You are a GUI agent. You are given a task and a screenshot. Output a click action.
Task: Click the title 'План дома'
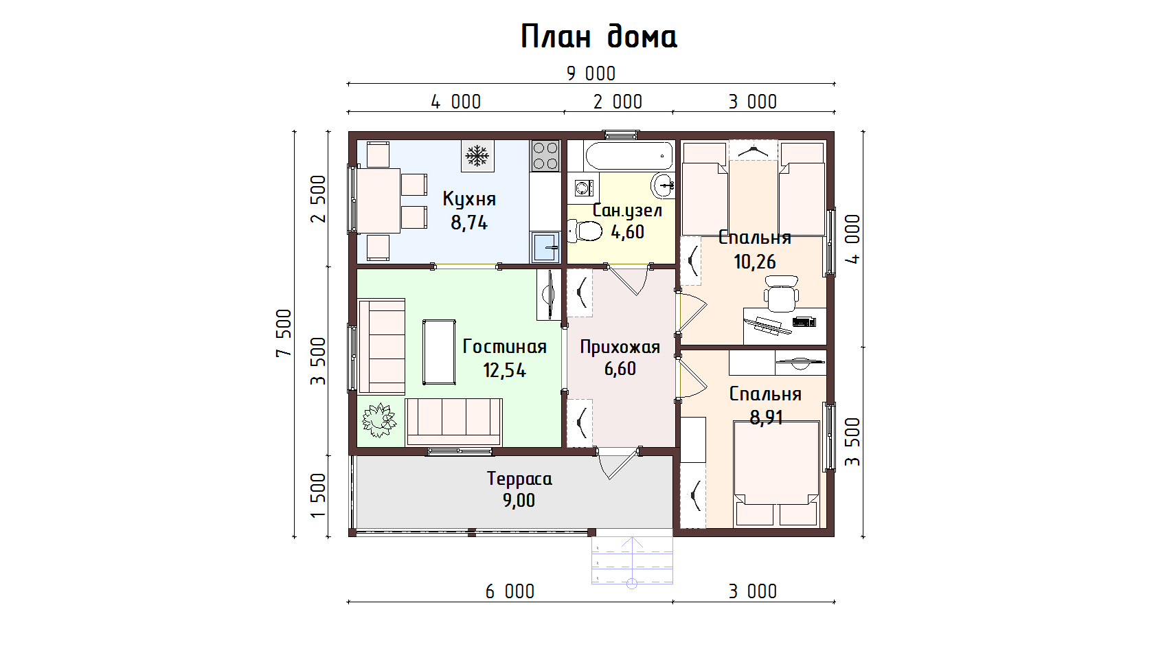(x=599, y=36)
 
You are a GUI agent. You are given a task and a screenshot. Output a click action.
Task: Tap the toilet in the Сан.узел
(x=585, y=231)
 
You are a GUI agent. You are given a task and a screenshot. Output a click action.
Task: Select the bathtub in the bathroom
(x=629, y=155)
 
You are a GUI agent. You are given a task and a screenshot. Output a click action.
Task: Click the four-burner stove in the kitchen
(x=545, y=155)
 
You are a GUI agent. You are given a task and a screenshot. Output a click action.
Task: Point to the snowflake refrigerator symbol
(x=477, y=155)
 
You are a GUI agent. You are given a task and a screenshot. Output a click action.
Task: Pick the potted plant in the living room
(x=379, y=420)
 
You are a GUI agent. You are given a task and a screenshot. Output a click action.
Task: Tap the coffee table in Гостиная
(x=439, y=352)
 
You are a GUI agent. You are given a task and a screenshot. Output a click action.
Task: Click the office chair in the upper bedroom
(x=782, y=294)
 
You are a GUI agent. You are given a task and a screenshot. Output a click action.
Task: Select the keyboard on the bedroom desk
(x=804, y=322)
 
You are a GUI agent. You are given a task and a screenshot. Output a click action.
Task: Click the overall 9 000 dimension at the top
(x=591, y=74)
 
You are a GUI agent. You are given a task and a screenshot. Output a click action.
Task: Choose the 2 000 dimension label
(x=618, y=102)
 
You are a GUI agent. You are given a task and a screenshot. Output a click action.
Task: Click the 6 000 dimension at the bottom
(x=510, y=592)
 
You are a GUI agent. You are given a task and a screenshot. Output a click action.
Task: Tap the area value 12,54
(x=504, y=370)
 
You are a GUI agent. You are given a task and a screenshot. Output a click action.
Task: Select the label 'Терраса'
(x=519, y=479)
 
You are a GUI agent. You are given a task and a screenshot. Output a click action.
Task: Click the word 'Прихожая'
(x=620, y=348)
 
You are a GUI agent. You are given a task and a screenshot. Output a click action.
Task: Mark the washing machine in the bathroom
(x=584, y=188)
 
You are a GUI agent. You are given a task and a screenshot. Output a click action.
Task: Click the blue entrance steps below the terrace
(x=632, y=560)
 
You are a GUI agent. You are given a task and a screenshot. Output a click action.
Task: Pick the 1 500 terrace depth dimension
(x=319, y=496)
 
